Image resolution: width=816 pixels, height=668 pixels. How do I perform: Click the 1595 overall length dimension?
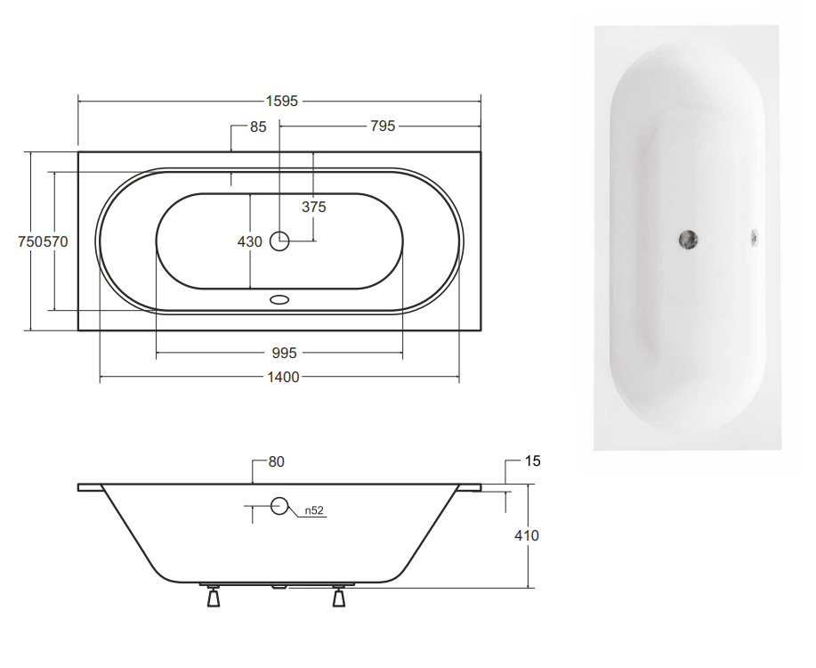282,101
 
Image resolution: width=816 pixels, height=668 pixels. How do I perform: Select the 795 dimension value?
383,126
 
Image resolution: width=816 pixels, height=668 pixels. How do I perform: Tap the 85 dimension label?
258,127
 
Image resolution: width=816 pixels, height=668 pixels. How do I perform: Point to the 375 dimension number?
314,207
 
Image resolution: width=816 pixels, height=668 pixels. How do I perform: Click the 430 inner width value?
250,241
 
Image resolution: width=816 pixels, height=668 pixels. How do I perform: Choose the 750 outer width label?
30,241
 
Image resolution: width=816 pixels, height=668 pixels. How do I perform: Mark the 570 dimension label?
56,241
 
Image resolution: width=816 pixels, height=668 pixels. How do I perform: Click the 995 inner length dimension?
284,354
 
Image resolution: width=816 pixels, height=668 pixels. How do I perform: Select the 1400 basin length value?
283,378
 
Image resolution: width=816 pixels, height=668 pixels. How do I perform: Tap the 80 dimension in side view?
277,462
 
